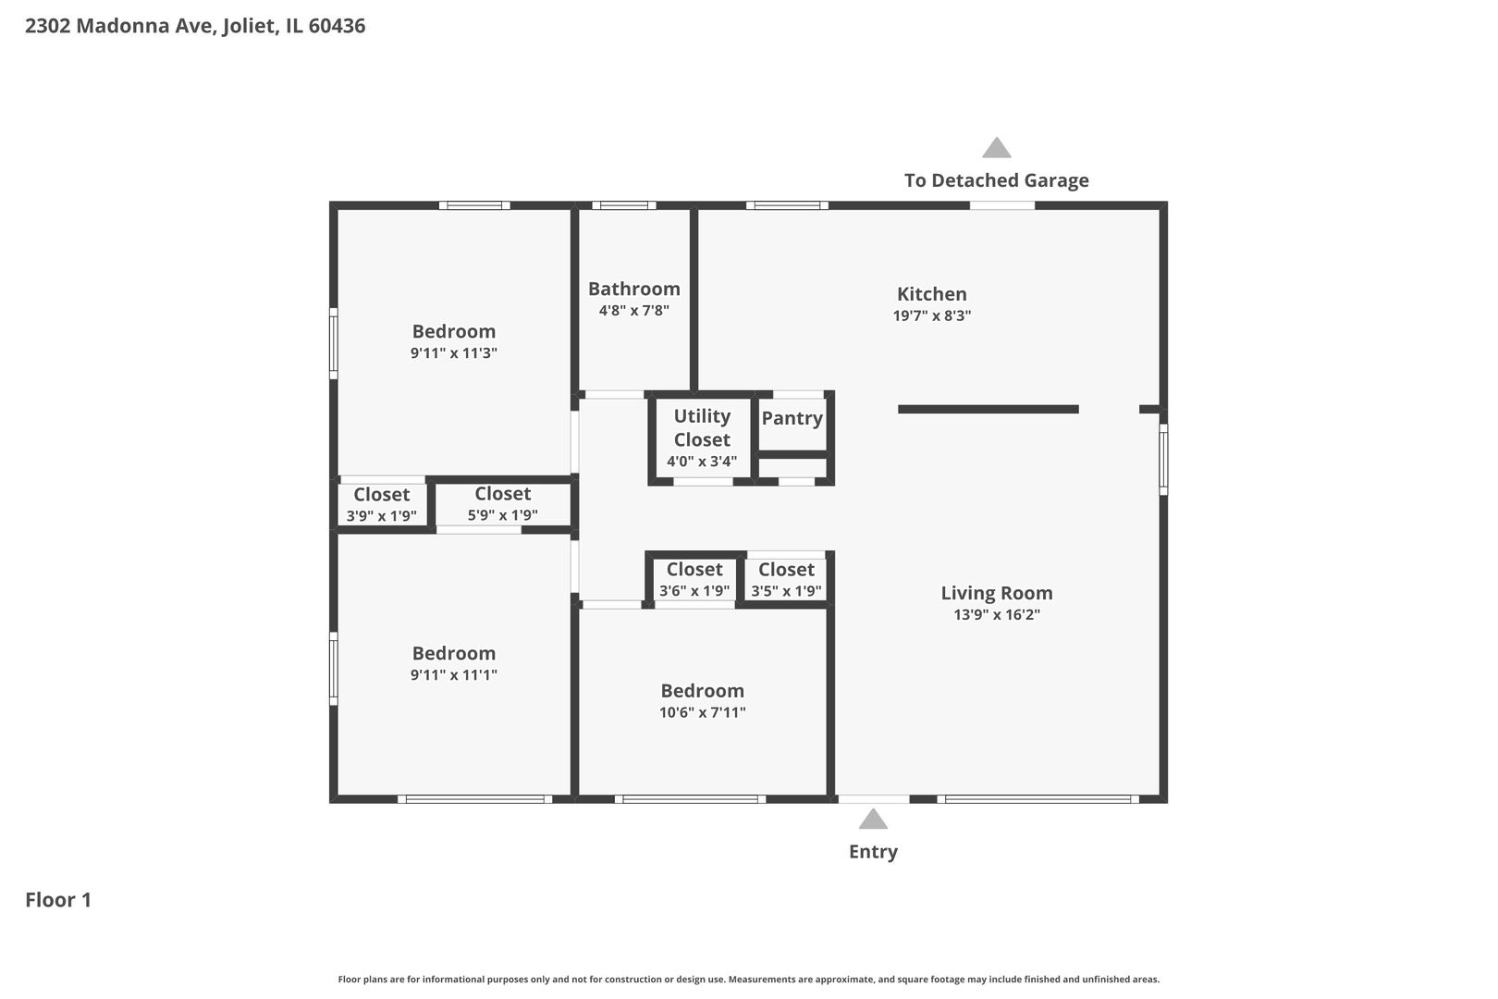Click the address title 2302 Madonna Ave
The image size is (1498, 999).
(x=194, y=26)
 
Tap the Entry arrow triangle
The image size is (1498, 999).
(x=873, y=820)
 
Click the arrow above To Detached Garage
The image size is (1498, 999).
(x=996, y=148)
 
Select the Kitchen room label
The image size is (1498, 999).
(x=931, y=294)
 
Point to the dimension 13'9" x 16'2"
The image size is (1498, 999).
(x=997, y=615)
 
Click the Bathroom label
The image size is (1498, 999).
(x=633, y=289)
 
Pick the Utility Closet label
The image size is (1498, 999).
(x=702, y=427)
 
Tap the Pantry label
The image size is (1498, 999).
(x=792, y=418)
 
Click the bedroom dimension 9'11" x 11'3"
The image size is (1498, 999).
(x=453, y=353)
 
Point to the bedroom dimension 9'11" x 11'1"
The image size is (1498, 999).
(x=453, y=675)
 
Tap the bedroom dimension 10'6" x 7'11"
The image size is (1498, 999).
(x=702, y=712)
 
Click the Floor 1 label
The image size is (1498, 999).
(x=58, y=900)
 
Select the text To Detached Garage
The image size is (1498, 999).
(x=996, y=180)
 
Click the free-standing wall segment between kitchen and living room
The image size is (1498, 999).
(x=988, y=409)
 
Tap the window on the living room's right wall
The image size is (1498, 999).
(x=1163, y=459)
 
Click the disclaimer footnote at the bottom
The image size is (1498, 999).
(x=748, y=979)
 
